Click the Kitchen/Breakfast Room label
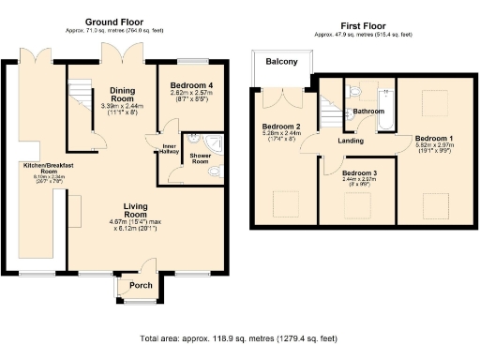40,170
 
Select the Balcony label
281,62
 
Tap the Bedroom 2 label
281,127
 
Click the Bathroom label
368,112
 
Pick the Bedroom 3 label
360,173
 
